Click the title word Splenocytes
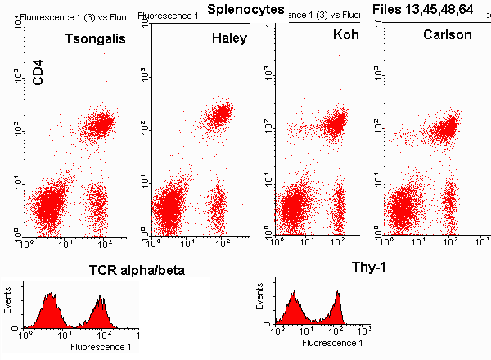(245, 9)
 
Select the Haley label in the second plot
(229, 38)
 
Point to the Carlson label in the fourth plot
(449, 36)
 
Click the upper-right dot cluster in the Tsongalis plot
(100, 125)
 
